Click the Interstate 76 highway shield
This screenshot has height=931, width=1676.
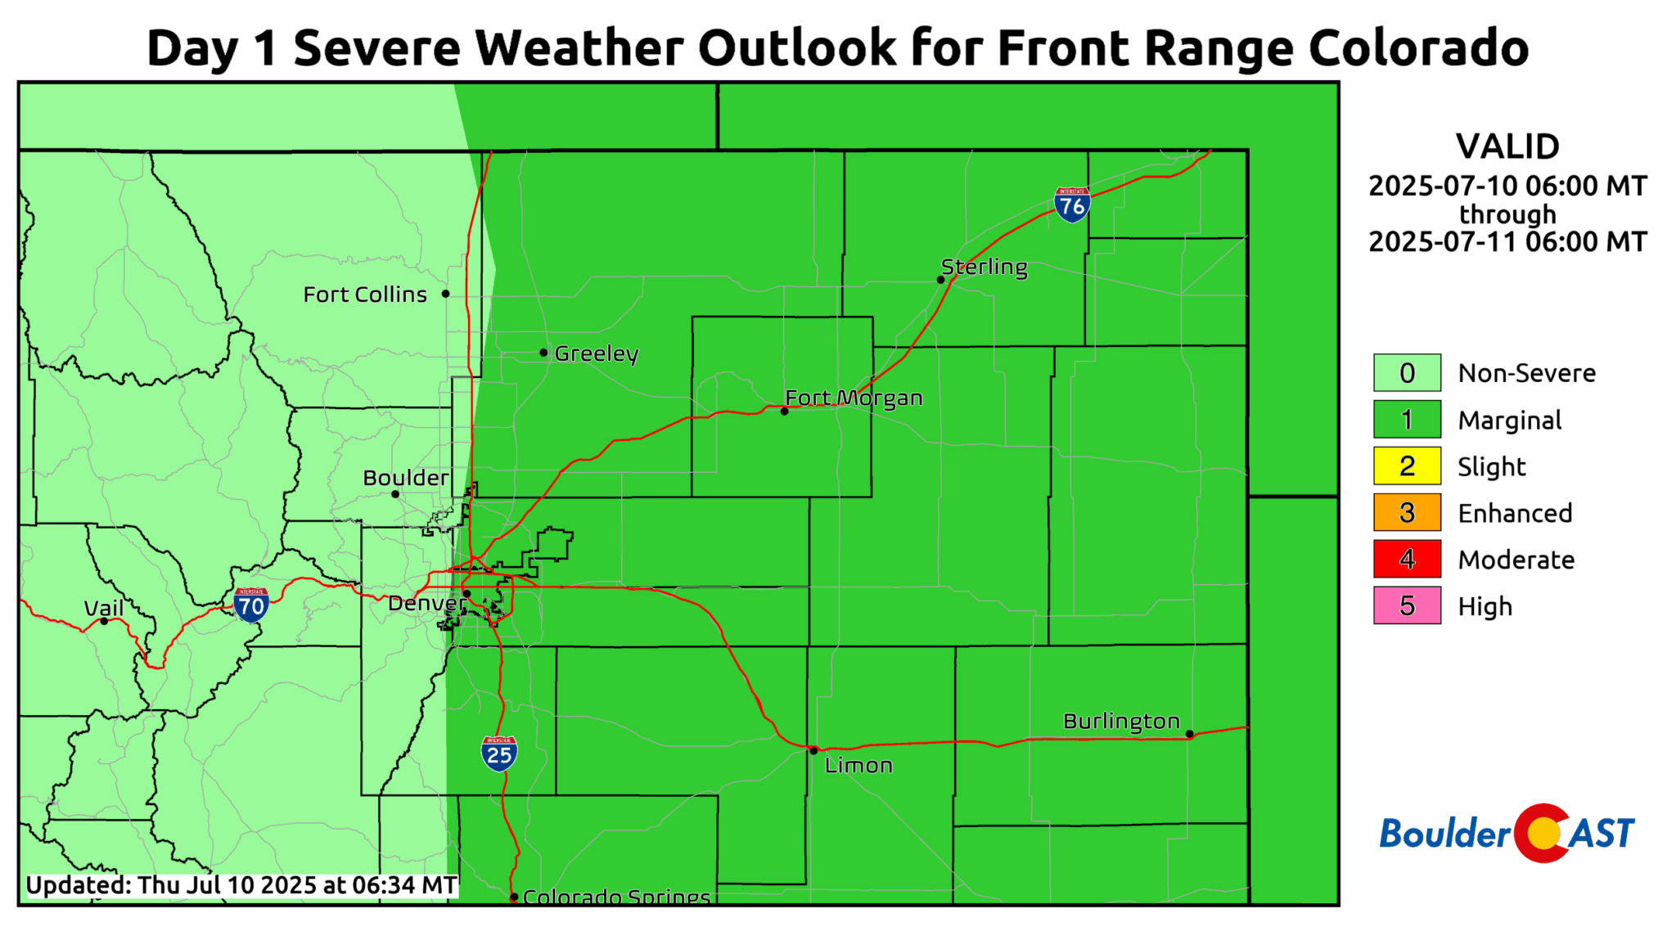point(1071,205)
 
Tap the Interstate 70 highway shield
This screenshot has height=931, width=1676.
point(250,605)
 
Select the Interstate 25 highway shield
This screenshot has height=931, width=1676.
point(499,753)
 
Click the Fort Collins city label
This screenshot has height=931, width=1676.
point(365,295)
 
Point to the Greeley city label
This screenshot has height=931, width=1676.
point(597,353)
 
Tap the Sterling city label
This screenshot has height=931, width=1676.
point(984,267)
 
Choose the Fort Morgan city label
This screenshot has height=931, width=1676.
point(854,398)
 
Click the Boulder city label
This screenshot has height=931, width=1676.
point(406,478)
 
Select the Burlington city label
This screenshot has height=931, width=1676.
point(1121,721)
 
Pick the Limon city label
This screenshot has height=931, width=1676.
point(858,766)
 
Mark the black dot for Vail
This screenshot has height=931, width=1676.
point(104,621)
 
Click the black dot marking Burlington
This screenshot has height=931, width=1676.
point(1189,734)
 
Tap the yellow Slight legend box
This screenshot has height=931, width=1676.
point(1407,466)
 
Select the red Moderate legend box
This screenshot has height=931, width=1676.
point(1407,560)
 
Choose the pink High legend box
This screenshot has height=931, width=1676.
point(1407,606)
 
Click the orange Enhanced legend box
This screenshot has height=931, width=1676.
point(1407,513)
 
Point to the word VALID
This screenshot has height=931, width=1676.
point(1507,147)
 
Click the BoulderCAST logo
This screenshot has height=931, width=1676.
point(1507,834)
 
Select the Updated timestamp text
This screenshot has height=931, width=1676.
point(241,885)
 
